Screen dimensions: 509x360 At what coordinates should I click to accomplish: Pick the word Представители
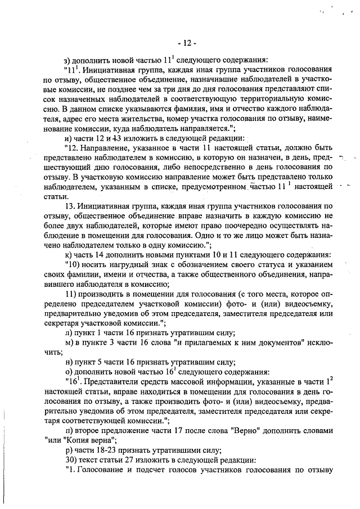point(110,381)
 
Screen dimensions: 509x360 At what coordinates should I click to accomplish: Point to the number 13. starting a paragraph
point(70,191)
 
